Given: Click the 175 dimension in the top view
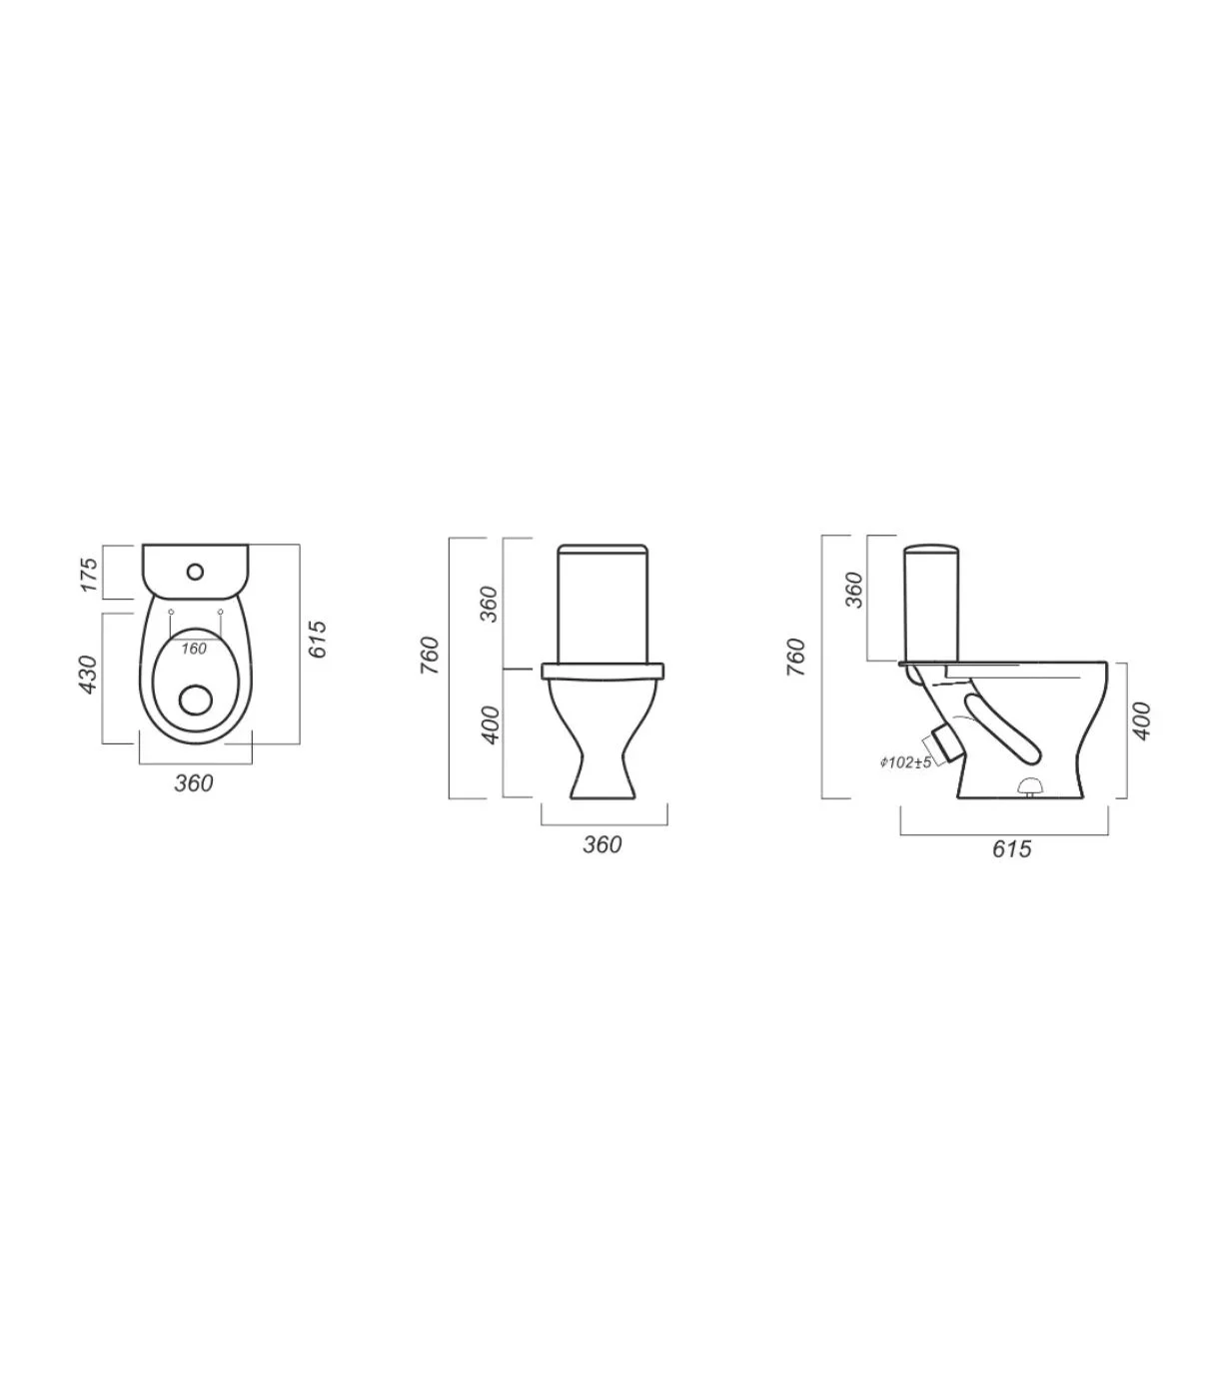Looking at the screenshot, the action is coord(89,576).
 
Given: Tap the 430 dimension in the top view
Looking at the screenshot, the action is coord(89,675).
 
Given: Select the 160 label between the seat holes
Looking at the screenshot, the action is coord(194,649).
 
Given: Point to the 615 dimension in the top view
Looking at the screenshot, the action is coord(318,640).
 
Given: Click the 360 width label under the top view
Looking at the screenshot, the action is coord(194,783).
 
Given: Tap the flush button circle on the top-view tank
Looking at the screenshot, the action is coord(196,572).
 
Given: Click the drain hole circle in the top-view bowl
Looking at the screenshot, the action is coord(196,699).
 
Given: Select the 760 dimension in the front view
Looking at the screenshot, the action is coord(431,656).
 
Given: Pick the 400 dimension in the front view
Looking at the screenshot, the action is coord(491,725).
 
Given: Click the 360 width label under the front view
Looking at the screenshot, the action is coord(603,844).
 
